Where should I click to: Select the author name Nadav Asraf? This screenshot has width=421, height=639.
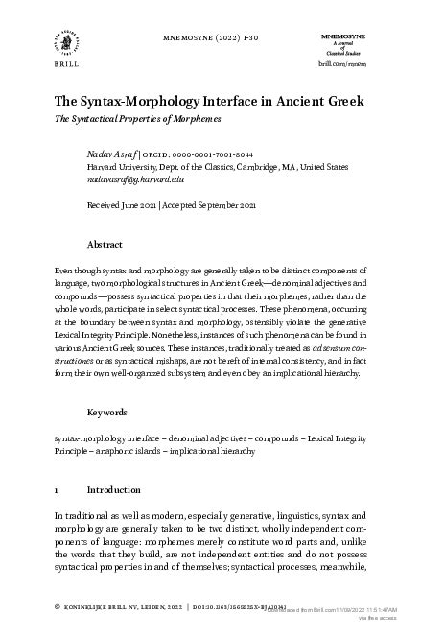tap(111, 154)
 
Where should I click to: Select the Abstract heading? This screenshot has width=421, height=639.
tap(104, 246)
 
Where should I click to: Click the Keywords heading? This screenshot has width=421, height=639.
tap(107, 438)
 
